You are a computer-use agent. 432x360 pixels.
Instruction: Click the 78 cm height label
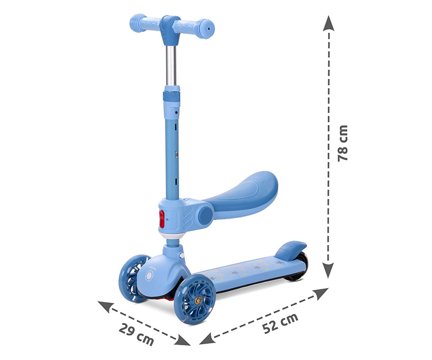click(x=343, y=143)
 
